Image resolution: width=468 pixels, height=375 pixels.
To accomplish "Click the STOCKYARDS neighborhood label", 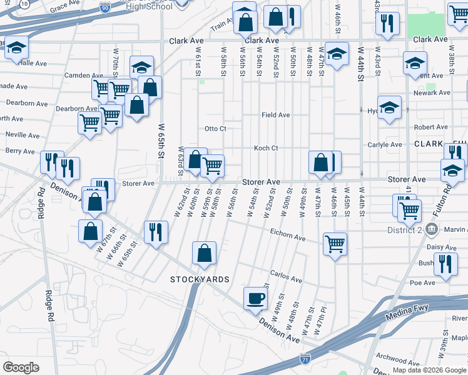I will coord(200,279).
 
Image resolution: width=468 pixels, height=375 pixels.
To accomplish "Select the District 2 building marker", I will coord(431,229).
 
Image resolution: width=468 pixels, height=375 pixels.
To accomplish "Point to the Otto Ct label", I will coord(215,129).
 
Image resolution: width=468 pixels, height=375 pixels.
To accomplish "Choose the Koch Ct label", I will coord(265,148).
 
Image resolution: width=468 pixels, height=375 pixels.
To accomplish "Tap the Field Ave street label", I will coord(275,115).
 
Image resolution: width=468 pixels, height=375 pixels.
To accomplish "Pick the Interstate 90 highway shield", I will coord(104,8).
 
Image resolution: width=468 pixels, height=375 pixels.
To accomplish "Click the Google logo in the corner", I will coord(20,367).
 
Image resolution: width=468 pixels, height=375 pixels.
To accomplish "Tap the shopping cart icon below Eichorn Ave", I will coord(335,243).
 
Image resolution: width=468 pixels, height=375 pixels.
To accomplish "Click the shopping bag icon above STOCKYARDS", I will coord(204,253).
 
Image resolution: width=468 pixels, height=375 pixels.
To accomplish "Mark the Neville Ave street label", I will coord(23,135).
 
